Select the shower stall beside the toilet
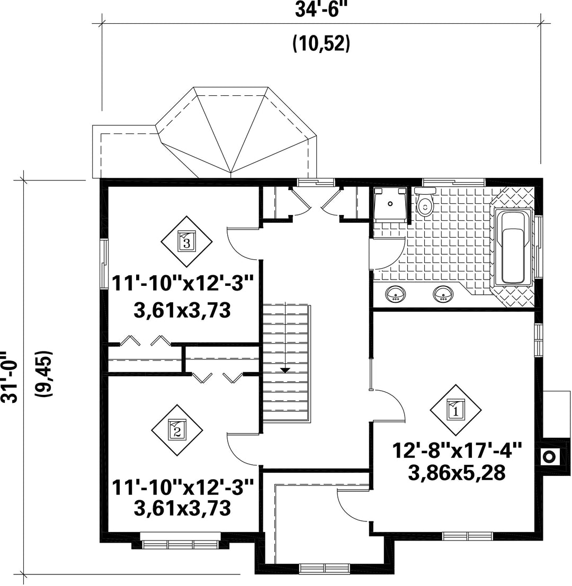(x=390, y=204)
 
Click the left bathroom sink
(x=396, y=294)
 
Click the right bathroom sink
(x=444, y=294)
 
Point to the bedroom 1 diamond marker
(x=455, y=410)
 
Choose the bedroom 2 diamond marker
(x=177, y=430)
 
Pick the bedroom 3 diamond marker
(x=186, y=241)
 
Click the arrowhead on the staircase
(x=285, y=370)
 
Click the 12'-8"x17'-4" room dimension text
(x=457, y=450)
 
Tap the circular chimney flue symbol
(x=549, y=456)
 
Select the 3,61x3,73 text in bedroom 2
(x=182, y=508)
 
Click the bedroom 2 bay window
(x=180, y=544)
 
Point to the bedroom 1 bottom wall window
(x=467, y=536)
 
